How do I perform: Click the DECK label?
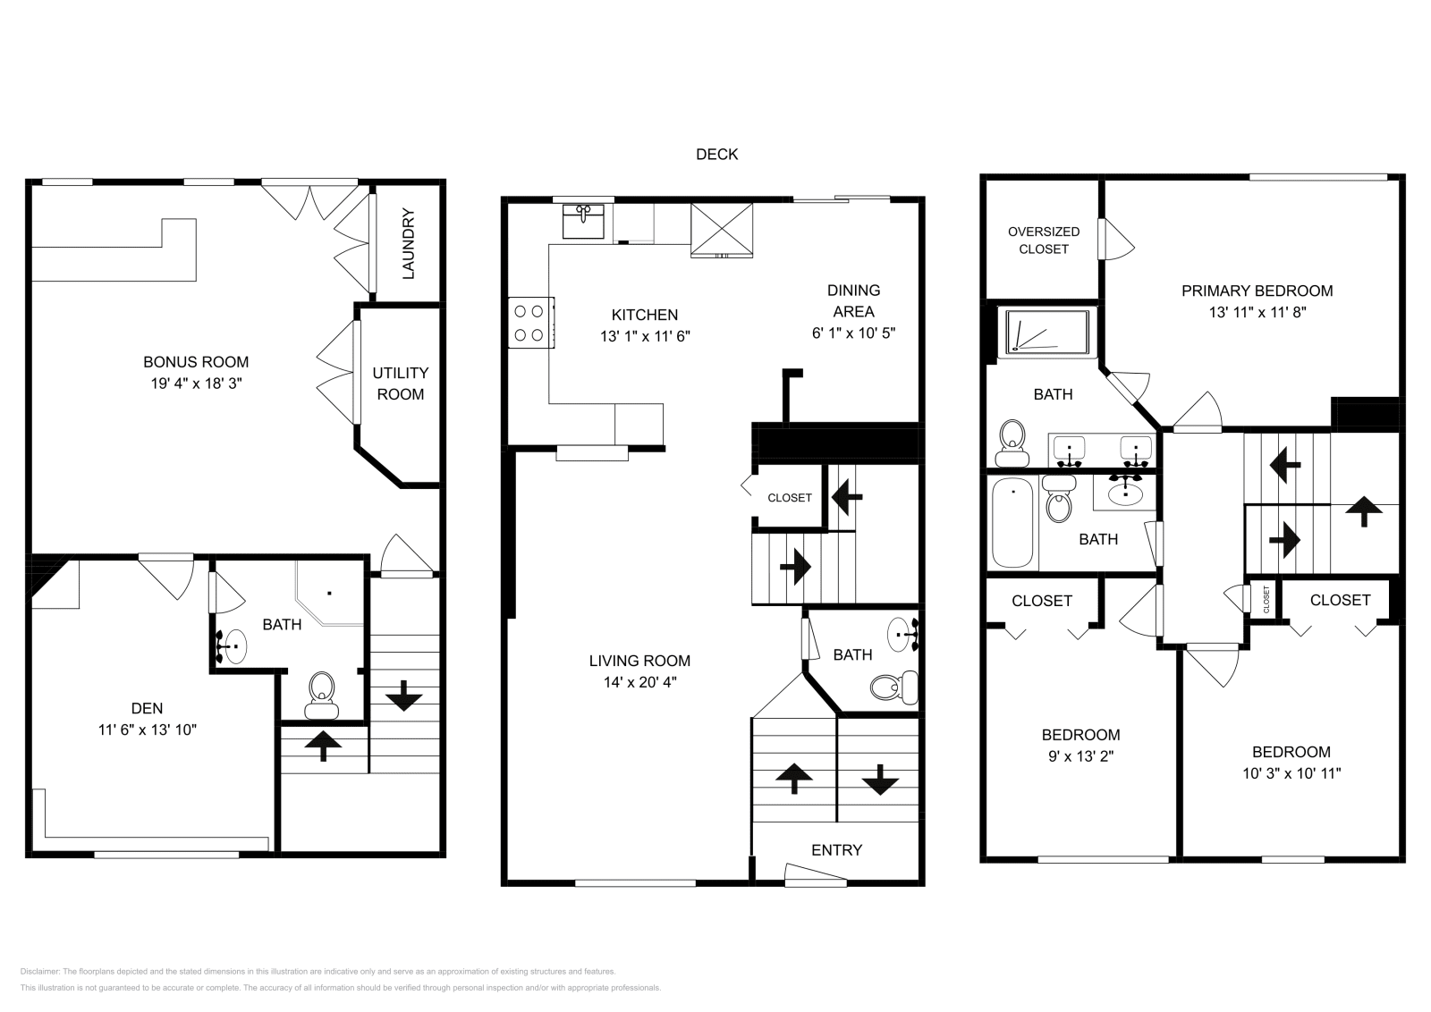click(716, 155)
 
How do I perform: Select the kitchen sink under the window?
click(583, 219)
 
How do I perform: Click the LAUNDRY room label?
click(408, 244)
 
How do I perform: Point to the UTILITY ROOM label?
click(400, 384)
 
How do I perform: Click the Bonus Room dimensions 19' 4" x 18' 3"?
click(196, 384)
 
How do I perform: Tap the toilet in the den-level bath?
click(320, 695)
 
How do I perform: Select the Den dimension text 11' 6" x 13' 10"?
click(148, 729)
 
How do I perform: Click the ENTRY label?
click(836, 850)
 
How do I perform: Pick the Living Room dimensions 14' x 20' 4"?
click(639, 682)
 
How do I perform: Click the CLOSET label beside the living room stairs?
click(790, 498)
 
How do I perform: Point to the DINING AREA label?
click(853, 301)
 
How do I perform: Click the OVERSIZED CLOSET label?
click(1043, 240)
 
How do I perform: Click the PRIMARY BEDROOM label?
click(1257, 291)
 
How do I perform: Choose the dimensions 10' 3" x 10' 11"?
click(1291, 774)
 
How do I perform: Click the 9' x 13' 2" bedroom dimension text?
click(1080, 756)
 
